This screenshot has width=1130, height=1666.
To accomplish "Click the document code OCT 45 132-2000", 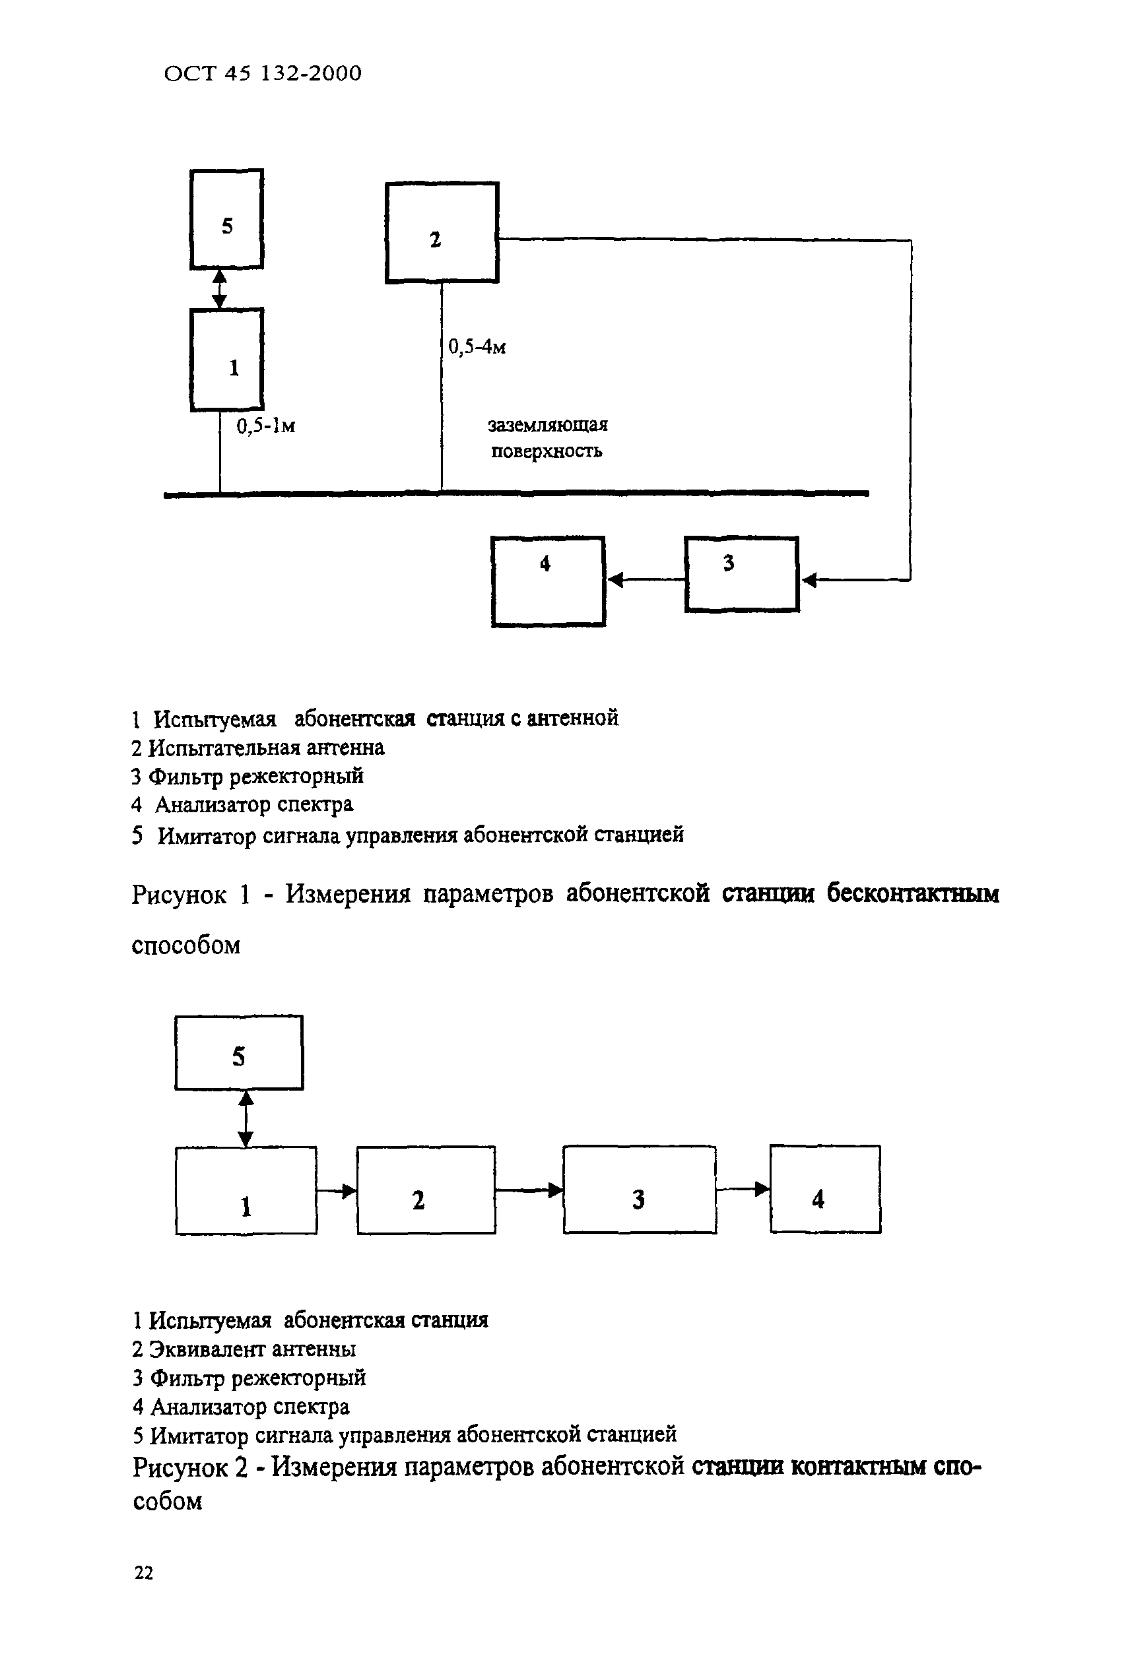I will pyautogui.click(x=263, y=73).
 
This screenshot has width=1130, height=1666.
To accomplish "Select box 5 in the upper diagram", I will pyautogui.click(x=226, y=219).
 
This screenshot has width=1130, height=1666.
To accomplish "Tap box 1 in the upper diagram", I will pyautogui.click(x=226, y=360).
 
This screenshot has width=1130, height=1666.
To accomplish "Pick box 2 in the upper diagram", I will pyautogui.click(x=442, y=233).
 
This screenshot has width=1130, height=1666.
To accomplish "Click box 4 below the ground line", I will pyautogui.click(x=548, y=581).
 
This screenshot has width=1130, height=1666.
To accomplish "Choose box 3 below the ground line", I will pyautogui.click(x=741, y=574).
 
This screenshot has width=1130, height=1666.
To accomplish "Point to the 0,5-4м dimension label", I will pyautogui.click(x=477, y=348).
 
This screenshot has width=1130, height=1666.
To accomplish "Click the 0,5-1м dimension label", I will pyautogui.click(x=266, y=426).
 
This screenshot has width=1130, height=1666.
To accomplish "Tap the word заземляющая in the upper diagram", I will pyautogui.click(x=548, y=425).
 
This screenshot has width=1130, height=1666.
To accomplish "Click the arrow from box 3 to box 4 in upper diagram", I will pyautogui.click(x=646, y=579).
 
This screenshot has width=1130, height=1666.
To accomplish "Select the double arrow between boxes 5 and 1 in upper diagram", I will pyautogui.click(x=220, y=288).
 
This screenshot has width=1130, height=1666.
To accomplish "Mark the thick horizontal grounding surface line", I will pyautogui.click(x=516, y=494).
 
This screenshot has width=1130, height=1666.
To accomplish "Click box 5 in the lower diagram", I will pyautogui.click(x=239, y=1053).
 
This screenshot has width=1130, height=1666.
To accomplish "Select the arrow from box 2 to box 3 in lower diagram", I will pyautogui.click(x=529, y=1191).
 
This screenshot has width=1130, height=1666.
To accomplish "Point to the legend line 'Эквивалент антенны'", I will pyautogui.click(x=244, y=1349).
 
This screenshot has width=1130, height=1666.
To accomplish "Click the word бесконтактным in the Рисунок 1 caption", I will pyautogui.click(x=912, y=894).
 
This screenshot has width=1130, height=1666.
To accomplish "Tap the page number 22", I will pyautogui.click(x=143, y=1573).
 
